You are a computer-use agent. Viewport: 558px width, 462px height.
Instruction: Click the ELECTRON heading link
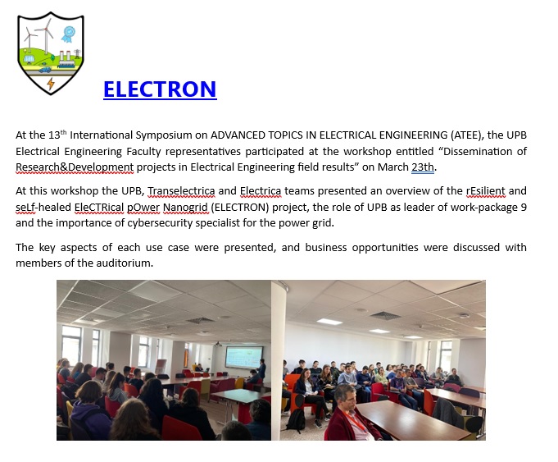click(x=160, y=89)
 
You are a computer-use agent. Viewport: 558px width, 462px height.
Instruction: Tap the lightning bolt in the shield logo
click(x=51, y=84)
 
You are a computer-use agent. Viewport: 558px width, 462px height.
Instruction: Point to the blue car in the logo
click(x=45, y=70)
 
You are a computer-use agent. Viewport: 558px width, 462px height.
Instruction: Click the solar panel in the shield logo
click(x=29, y=58)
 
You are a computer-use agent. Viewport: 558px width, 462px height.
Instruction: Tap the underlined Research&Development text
click(x=75, y=167)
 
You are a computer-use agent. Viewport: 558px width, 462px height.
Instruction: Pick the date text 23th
click(x=423, y=167)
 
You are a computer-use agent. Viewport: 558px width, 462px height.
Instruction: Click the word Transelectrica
click(x=181, y=191)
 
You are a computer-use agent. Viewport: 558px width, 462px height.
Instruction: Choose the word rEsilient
click(x=485, y=191)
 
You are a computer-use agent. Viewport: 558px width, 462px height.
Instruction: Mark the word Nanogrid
click(x=185, y=207)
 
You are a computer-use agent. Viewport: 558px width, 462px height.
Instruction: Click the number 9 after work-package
click(x=524, y=207)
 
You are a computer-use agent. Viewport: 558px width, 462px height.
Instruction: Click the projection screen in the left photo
click(x=244, y=357)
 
